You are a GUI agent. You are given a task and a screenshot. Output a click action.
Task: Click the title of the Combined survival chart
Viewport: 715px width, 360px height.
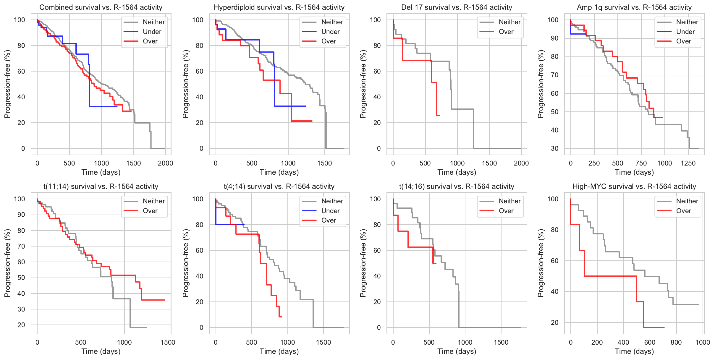(101, 7)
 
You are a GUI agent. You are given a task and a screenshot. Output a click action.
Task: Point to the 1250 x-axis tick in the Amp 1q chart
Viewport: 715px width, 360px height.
(688, 163)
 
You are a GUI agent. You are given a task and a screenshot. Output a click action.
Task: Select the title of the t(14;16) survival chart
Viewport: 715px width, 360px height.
(457, 187)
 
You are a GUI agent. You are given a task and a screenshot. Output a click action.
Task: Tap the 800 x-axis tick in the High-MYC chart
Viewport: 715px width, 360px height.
(676, 342)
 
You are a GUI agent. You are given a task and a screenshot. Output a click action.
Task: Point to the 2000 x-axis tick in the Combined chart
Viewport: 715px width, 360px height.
(165, 163)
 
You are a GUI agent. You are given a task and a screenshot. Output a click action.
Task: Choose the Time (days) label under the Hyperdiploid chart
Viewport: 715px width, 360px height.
(279, 172)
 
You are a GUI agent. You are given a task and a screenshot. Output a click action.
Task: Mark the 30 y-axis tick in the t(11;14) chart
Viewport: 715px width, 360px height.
(21, 309)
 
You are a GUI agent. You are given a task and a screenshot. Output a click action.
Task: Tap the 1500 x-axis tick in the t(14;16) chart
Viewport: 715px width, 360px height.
(501, 342)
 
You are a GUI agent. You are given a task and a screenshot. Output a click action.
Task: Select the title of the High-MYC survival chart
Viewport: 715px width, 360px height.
(634, 187)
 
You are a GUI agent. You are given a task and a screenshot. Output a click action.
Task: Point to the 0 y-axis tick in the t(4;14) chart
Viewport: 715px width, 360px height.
(201, 327)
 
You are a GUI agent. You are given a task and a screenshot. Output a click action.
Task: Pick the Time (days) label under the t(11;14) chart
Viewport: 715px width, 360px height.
(101, 351)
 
